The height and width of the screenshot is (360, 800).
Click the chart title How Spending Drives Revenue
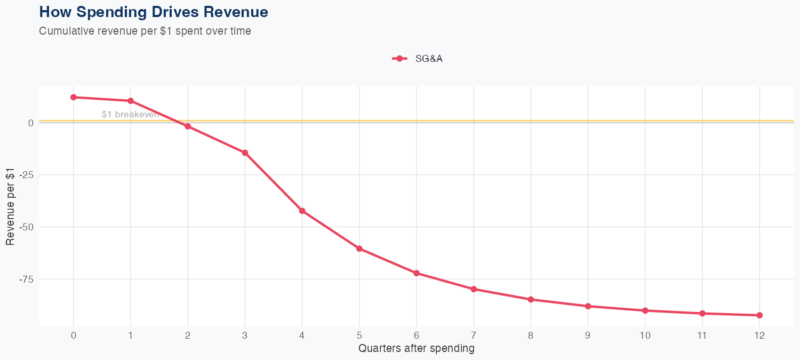[x=154, y=12]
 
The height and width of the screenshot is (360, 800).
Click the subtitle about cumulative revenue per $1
[x=145, y=31]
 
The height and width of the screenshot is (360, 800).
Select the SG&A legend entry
[x=418, y=59]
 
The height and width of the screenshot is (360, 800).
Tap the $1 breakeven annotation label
[x=130, y=114]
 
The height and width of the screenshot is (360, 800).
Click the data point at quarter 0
[x=74, y=97]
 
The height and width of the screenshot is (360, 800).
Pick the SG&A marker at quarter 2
[x=188, y=126]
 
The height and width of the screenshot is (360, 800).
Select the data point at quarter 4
[x=302, y=211]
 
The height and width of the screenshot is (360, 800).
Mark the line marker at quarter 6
[x=417, y=273]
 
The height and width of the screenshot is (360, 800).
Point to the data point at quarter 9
[x=588, y=306]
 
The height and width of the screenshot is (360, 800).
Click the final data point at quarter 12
[x=759, y=315]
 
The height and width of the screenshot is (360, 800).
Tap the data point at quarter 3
[x=245, y=153]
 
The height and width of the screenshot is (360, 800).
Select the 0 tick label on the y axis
[x=31, y=123]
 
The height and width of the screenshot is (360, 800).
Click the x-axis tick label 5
[x=359, y=335]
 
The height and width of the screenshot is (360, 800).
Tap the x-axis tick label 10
[x=645, y=335]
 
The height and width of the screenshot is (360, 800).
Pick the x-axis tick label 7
[x=474, y=335]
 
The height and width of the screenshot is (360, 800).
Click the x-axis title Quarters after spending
[x=416, y=349]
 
